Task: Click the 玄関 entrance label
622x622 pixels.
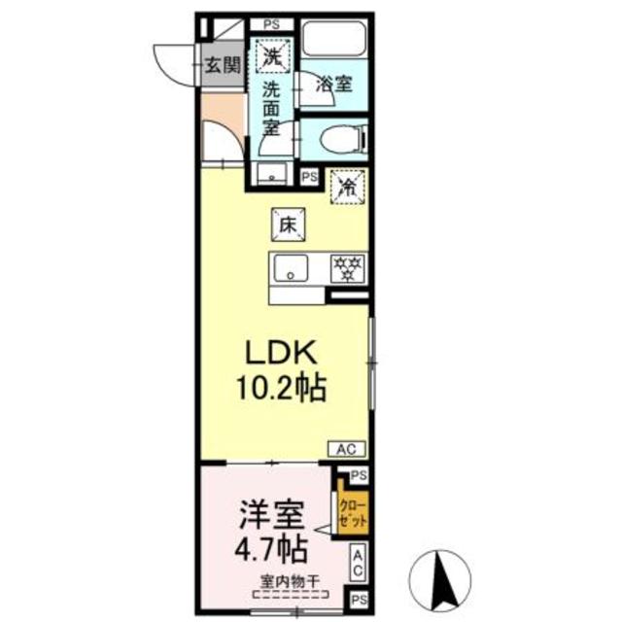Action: coord(223,66)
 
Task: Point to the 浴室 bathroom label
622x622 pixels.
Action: coord(334,85)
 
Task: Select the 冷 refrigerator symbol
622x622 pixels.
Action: coord(347,187)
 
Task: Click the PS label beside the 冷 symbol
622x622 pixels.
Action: coord(309,177)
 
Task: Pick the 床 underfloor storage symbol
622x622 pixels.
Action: coord(289,223)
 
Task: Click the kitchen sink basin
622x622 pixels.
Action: coord(291,267)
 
